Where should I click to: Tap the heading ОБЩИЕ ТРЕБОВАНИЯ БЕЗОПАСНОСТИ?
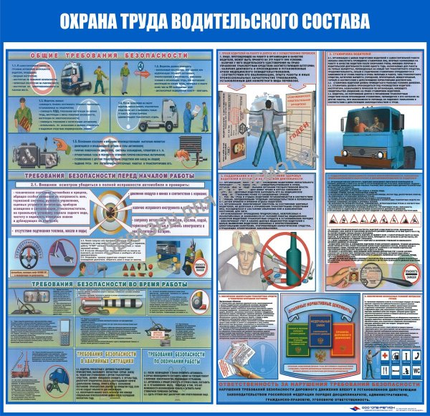coord(107,54)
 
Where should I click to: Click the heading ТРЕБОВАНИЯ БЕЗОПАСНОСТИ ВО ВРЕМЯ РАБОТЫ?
coord(107,285)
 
